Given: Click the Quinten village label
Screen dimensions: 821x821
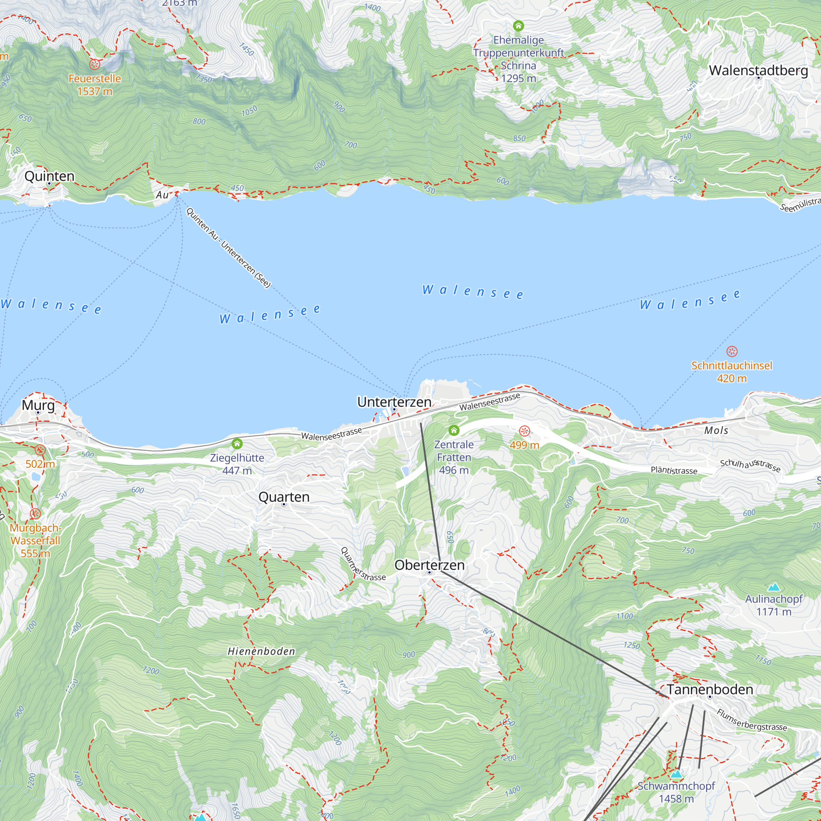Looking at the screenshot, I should point(49,176).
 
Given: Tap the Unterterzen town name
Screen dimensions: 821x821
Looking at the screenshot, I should point(394,401).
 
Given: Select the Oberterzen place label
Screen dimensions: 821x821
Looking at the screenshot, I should point(429,565).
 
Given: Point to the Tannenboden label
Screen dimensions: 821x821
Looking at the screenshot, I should point(709,689).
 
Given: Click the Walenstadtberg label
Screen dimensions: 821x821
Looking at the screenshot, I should point(758,70).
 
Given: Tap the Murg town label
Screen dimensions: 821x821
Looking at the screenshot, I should point(38,405).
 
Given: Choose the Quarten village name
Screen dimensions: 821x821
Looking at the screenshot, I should point(284,497).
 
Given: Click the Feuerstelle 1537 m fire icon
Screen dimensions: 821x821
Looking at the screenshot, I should point(95,64).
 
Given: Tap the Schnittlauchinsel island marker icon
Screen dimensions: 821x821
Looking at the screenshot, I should point(732,351).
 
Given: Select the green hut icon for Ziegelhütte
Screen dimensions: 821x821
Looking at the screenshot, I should point(237,444).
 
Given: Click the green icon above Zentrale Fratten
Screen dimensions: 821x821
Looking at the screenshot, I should point(454,431).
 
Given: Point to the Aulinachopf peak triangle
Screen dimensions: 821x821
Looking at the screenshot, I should point(774,587).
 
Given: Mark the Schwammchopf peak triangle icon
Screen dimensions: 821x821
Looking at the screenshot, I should point(676,773).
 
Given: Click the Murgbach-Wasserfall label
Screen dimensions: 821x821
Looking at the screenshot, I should point(35,541).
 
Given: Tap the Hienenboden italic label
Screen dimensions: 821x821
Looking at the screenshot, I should point(261,651).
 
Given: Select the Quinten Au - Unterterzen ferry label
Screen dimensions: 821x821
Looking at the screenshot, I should point(228,248).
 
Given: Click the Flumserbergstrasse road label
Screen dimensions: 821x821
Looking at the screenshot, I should point(752,720).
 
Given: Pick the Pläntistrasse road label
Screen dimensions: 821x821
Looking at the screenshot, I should point(674,470).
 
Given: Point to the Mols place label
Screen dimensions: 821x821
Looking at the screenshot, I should point(716,431).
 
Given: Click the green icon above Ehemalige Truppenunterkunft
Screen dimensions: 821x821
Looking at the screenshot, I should point(518,26).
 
